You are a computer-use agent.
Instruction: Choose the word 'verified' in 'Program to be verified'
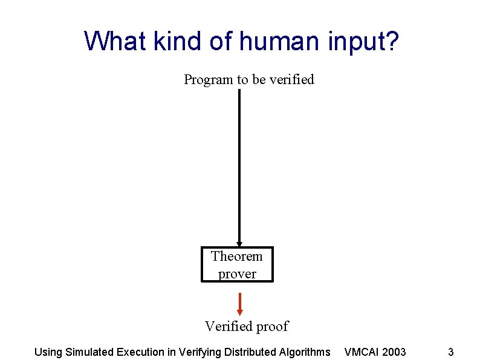point(292,79)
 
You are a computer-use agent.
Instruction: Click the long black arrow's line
point(239,163)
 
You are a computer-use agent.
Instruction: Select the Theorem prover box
point(237,264)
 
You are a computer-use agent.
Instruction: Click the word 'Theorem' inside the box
point(237,256)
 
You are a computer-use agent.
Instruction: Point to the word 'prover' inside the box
point(237,273)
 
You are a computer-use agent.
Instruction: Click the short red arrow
point(240,304)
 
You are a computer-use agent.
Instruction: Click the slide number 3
point(450,352)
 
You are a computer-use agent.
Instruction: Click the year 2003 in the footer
point(394,352)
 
